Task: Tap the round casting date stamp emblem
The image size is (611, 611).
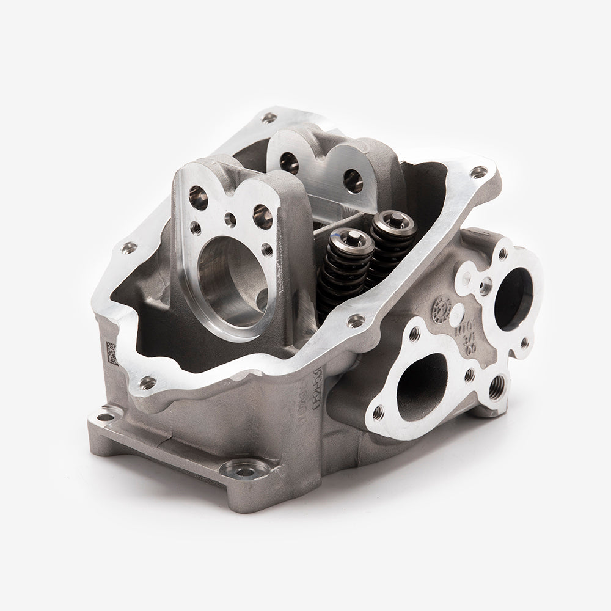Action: (x=439, y=310)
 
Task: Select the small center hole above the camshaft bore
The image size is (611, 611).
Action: (x=230, y=219)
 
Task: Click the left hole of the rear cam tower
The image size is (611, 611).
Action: (x=288, y=161)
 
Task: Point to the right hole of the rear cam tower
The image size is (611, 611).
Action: (x=353, y=180)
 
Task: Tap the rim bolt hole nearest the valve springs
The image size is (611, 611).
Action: (x=354, y=319)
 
